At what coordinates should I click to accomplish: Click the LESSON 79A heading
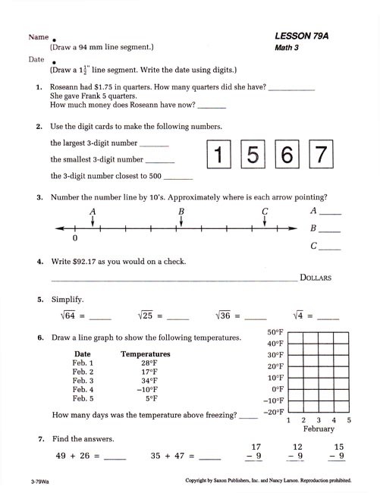coord(306,36)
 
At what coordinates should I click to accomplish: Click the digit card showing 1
coord(220,155)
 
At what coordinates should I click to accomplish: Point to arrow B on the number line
coord(181,218)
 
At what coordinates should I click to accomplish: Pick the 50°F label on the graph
coord(275,332)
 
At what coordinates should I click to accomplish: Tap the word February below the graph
coord(319,429)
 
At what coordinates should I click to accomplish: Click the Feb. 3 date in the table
coord(83,381)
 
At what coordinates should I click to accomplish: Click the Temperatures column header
coord(146,353)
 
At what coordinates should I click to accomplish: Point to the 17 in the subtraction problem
coord(256,447)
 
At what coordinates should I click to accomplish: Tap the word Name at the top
coord(39,36)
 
